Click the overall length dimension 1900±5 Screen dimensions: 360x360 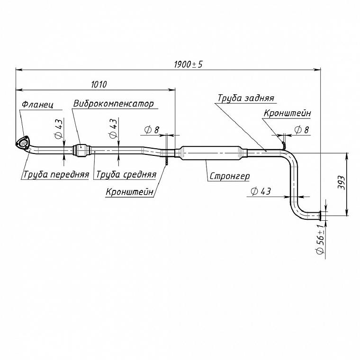coord(189,64)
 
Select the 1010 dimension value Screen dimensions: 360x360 coord(99,84)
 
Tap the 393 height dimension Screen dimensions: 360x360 coord(341,182)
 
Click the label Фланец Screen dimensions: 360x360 coord(37,105)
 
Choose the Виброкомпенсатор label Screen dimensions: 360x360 coord(113,104)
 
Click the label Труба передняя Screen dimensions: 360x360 coord(56,174)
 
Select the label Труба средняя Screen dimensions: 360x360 coord(126,174)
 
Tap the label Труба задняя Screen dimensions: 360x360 coord(246,98)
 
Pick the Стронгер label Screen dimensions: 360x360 coord(230,176)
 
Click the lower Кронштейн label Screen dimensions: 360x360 coord(129,191)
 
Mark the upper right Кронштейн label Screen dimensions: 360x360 coord(287,113)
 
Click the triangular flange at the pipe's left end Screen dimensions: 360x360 coord(23,143)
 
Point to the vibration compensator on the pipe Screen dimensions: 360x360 coord(81,150)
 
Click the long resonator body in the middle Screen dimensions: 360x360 coord(211,153)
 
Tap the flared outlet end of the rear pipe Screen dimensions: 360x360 coord(320,216)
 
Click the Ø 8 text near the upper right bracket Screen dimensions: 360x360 coord(301,130)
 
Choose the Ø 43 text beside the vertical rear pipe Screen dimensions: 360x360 coord(261,191)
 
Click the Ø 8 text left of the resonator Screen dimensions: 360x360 coord(152,130)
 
